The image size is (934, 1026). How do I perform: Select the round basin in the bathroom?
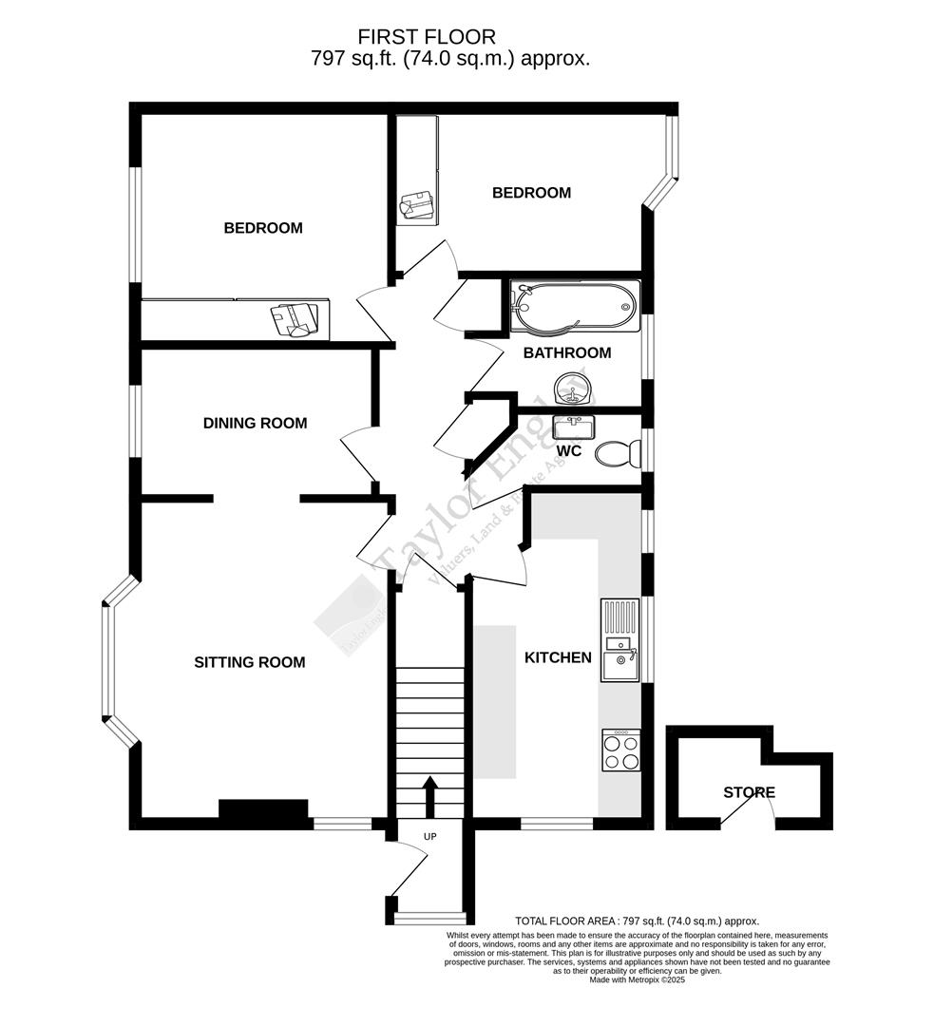[x=575, y=387]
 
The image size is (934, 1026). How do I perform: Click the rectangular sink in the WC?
[x=574, y=427]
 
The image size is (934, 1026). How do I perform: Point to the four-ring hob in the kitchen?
[x=621, y=750]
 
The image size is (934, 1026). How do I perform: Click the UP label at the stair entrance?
[x=429, y=837]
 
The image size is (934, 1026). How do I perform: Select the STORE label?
[x=749, y=792]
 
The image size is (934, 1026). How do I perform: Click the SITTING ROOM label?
[x=250, y=662]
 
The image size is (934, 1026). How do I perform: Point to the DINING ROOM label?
[x=255, y=423]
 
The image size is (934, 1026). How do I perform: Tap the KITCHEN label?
[x=558, y=657]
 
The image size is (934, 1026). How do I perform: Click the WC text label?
[x=569, y=451]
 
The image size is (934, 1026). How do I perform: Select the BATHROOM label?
[x=567, y=352]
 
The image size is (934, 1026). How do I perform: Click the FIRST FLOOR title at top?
[x=427, y=37]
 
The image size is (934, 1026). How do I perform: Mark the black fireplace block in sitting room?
[x=263, y=809]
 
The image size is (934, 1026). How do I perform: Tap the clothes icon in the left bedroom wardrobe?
[x=295, y=319]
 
